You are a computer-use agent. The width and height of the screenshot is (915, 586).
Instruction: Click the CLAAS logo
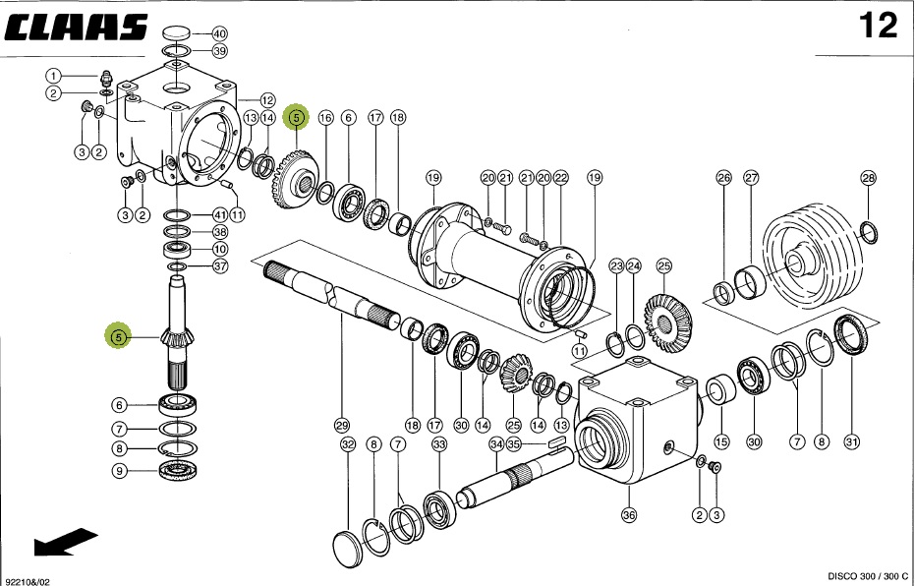[77, 27]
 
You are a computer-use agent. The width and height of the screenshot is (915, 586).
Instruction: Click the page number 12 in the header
[878, 27]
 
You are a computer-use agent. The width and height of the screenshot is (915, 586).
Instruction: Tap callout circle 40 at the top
[219, 33]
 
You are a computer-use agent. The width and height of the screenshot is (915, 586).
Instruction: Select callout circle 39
[219, 51]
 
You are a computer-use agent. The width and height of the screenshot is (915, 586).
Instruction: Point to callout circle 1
[54, 75]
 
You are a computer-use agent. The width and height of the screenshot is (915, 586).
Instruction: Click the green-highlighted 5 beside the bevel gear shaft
[118, 337]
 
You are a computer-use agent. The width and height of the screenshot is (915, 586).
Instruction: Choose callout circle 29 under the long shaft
[341, 426]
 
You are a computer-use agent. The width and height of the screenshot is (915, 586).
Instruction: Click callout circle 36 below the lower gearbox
[629, 514]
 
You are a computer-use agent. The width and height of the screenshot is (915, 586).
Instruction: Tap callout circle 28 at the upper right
[868, 178]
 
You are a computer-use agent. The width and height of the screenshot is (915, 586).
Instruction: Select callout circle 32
[347, 445]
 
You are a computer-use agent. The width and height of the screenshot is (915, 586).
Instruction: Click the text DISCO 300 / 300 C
[852, 575]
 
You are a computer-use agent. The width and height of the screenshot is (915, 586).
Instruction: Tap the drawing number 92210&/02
[28, 580]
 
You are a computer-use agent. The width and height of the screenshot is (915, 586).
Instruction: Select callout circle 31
[852, 442]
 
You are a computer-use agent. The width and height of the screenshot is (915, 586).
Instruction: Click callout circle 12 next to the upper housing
[267, 100]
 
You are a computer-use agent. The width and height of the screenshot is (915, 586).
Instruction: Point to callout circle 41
[219, 214]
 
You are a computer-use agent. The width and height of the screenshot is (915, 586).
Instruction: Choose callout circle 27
[752, 178]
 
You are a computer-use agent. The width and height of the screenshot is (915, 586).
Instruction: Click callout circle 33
[438, 445]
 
